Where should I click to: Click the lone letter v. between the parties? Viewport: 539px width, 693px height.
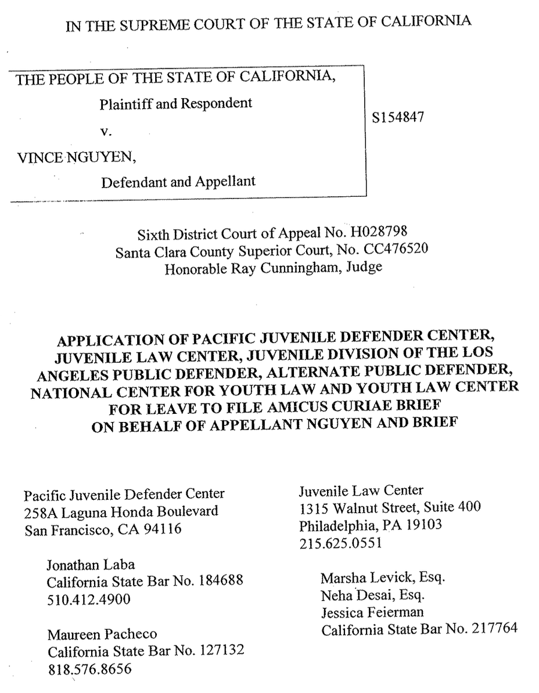(105, 131)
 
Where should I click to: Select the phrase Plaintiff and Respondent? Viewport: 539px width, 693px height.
(176, 104)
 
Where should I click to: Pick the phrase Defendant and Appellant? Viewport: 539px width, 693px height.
(178, 182)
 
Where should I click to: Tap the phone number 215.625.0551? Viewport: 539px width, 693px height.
(340, 544)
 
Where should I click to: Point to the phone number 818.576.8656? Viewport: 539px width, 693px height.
(89, 668)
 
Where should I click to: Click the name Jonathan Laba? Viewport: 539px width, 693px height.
(91, 564)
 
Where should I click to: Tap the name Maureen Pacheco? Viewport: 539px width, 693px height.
(103, 634)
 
